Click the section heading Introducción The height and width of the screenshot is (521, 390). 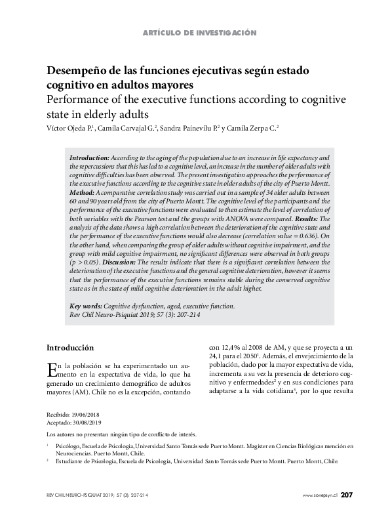(x=71, y=347)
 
